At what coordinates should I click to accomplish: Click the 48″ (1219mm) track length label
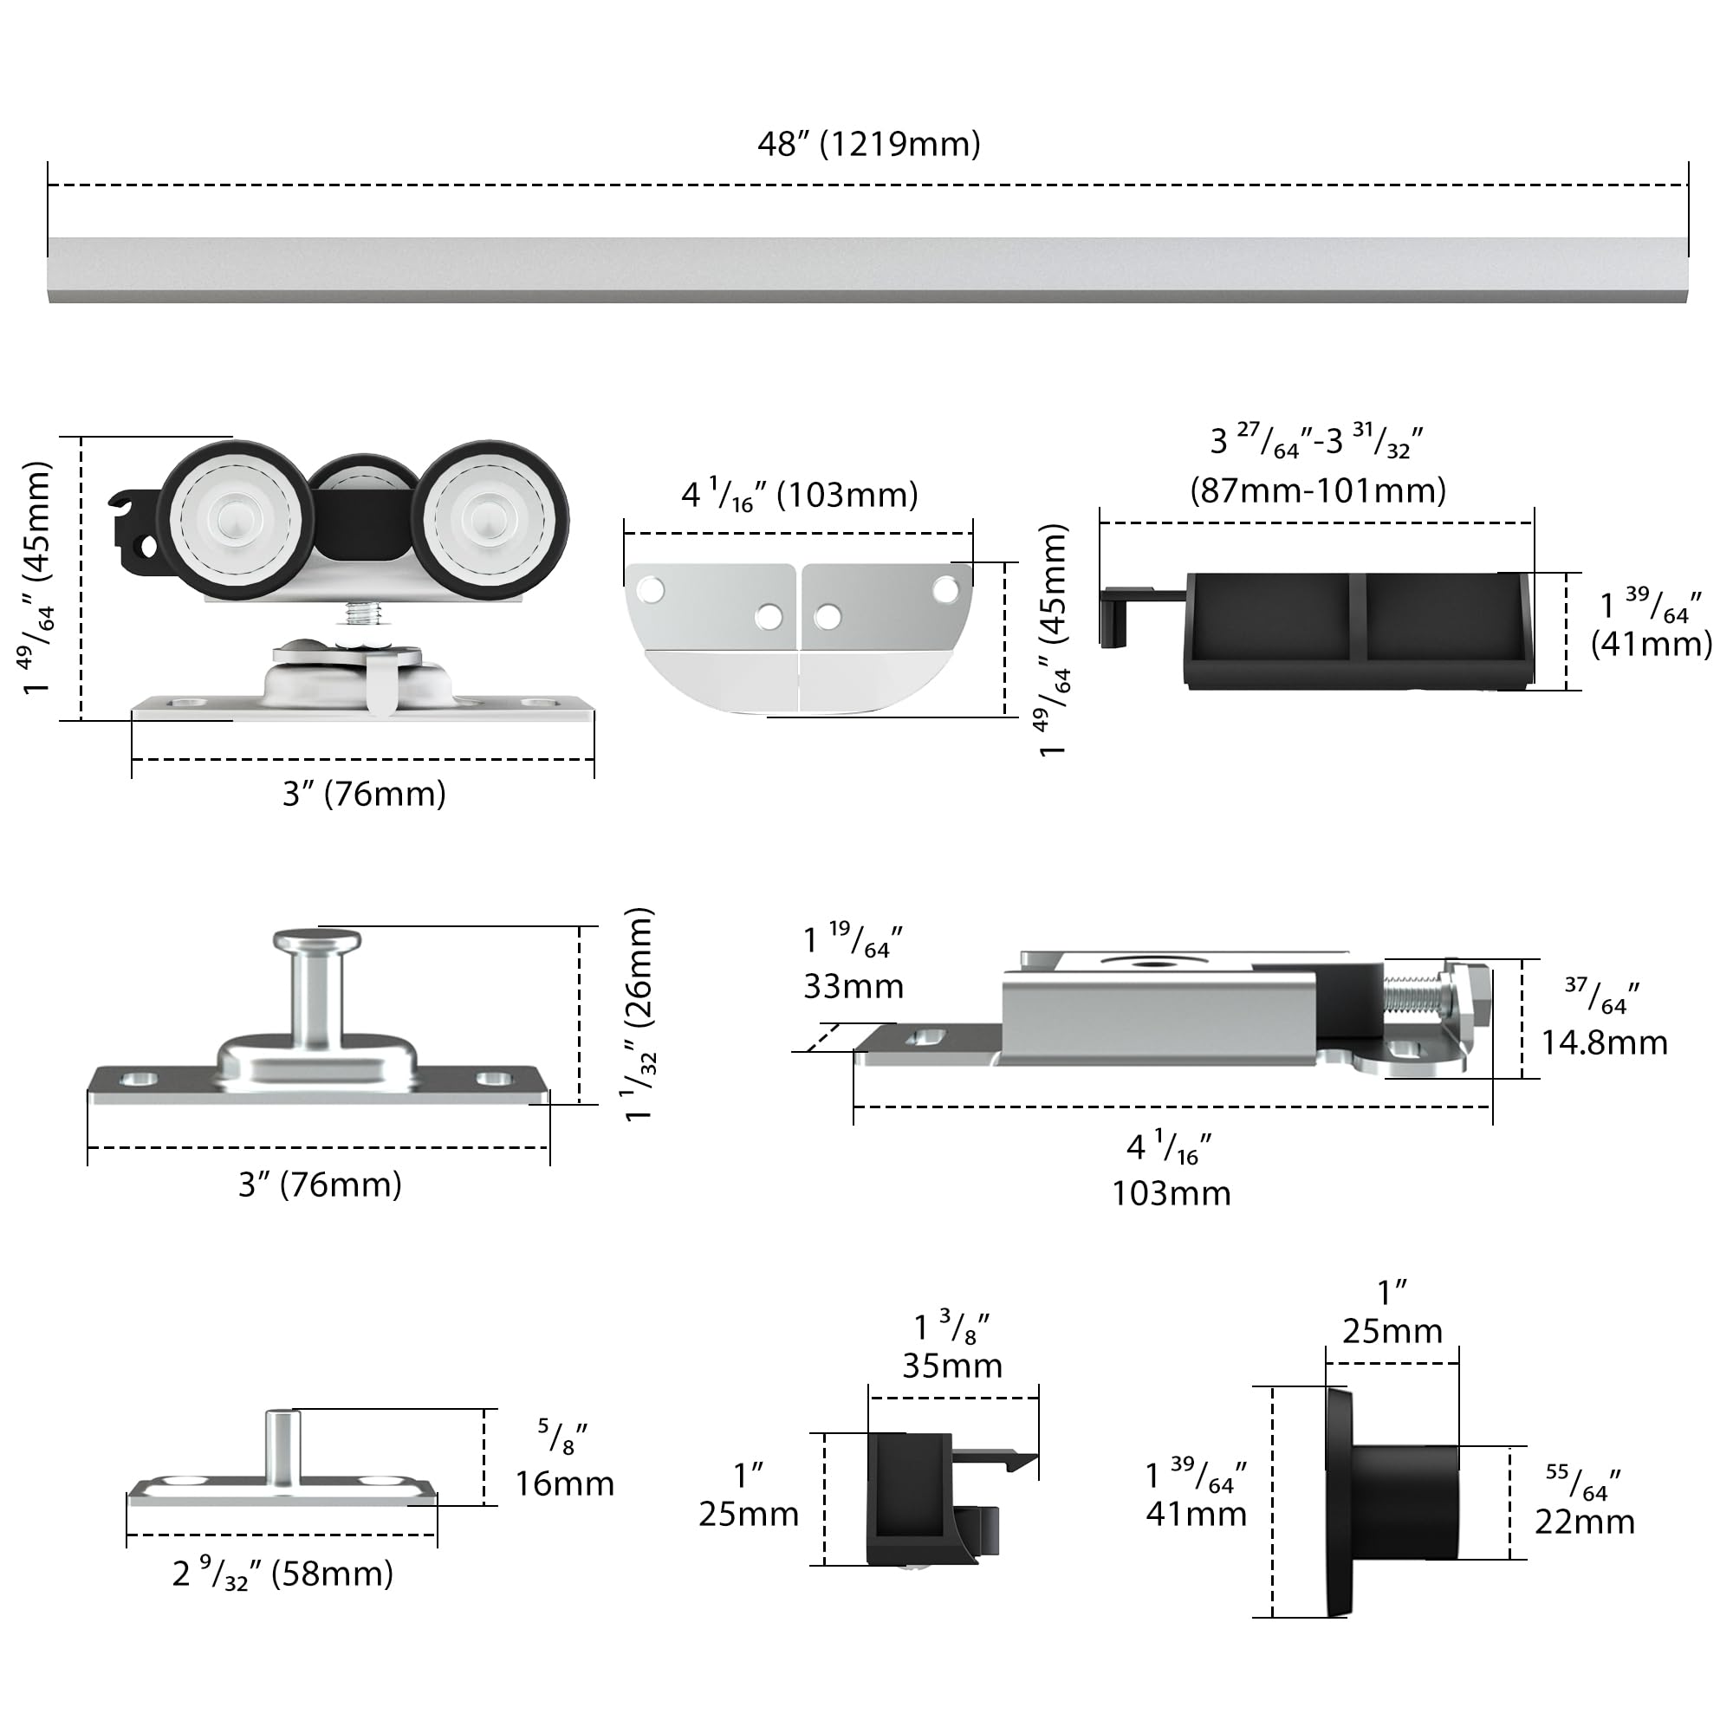868,145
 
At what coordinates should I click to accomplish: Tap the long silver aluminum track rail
867,270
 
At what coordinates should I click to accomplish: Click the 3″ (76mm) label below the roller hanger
364,794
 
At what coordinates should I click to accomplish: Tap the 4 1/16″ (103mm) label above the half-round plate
799,495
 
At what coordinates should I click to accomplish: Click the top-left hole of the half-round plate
651,590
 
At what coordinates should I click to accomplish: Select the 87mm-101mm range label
1318,490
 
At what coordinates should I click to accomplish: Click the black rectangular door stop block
1358,631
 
